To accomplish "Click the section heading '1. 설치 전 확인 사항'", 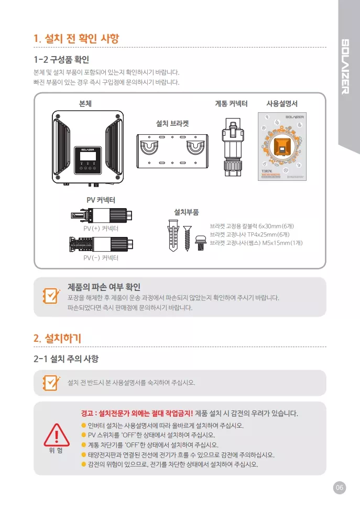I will coord(76,38).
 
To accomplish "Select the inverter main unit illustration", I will coord(88,149).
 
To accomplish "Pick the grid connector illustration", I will coord(231,144).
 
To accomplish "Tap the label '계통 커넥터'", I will coord(231,104).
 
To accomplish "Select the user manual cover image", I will coord(282,147).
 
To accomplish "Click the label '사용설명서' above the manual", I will coord(282,104).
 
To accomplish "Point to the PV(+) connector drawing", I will coord(101,215).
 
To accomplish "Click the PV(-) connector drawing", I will coord(101,244).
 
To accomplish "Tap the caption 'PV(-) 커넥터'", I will coord(101,258).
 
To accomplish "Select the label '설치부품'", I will coord(186,212).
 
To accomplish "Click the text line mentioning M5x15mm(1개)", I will coord(256,243).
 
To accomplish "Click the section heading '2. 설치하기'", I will coord(57,338).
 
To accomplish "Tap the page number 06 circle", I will coord(340,488).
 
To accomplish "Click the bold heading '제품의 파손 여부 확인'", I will coord(104,287).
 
